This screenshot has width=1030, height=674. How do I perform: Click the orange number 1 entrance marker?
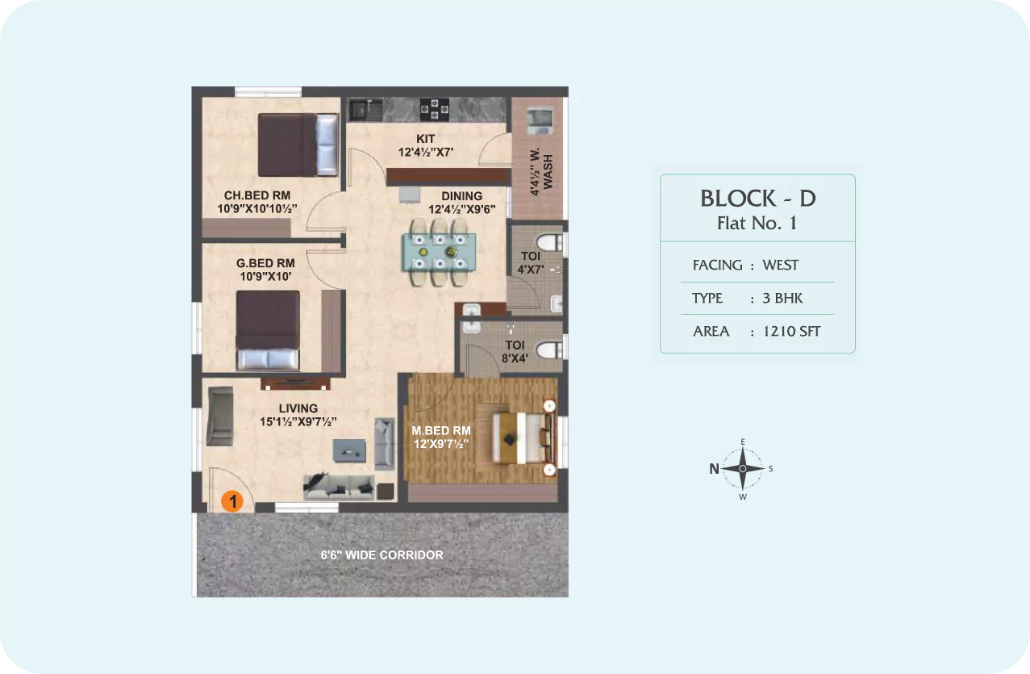[x=232, y=501]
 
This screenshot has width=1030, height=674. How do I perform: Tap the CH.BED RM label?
[x=257, y=195]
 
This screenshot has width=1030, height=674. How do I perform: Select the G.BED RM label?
[x=265, y=263]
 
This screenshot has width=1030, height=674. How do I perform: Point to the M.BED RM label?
[x=441, y=430]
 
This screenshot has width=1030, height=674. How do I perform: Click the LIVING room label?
[x=298, y=408]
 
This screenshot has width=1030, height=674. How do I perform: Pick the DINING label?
[x=461, y=196]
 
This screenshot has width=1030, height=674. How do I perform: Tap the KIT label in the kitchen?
[x=425, y=139]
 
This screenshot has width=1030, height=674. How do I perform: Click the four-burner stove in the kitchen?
[x=434, y=109]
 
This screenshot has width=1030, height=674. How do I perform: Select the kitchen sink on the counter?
[x=365, y=110]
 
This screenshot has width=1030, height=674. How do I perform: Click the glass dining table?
[x=440, y=252]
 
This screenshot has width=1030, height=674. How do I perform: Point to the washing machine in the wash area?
[x=540, y=120]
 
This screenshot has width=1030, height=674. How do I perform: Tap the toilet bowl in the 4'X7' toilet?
[x=549, y=242]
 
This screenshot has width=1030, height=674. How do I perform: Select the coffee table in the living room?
[x=349, y=451]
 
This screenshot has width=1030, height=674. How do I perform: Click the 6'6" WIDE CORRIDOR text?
[x=382, y=555]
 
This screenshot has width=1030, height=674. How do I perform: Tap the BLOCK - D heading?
[x=758, y=199]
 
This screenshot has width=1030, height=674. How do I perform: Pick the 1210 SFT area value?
[x=791, y=331]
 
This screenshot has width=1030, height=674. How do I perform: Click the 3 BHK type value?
[x=782, y=298]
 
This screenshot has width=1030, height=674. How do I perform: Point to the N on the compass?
[x=714, y=469]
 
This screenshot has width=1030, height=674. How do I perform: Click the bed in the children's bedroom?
[x=298, y=145]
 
